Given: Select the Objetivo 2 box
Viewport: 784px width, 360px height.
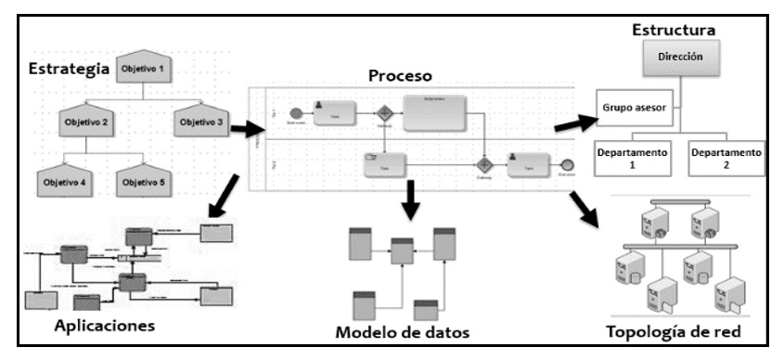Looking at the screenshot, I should pos(88,122).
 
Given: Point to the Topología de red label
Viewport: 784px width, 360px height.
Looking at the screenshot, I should pos(675,332).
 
